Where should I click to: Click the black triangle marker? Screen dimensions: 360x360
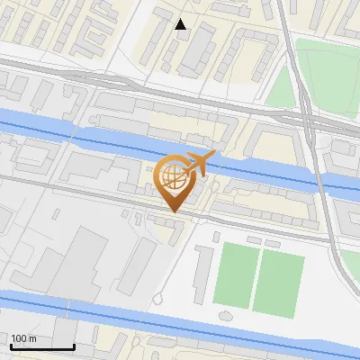tap(181, 24)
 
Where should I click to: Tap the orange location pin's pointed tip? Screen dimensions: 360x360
tap(173, 211)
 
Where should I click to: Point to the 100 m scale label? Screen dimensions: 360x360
tap(23, 338)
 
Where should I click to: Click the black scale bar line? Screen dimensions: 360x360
tap(41, 346)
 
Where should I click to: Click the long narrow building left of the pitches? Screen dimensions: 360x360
tap(202, 274)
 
